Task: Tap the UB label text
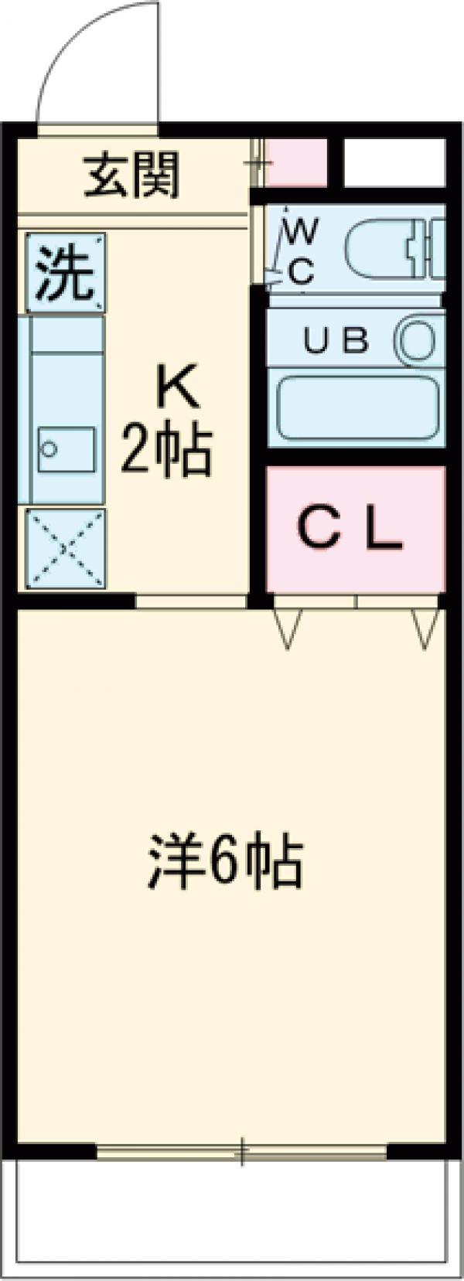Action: [x=336, y=341]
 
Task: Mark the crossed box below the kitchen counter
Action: [x=66, y=548]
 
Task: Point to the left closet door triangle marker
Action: [x=287, y=626]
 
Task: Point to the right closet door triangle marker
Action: [x=425, y=626]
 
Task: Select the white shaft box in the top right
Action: [x=394, y=162]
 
